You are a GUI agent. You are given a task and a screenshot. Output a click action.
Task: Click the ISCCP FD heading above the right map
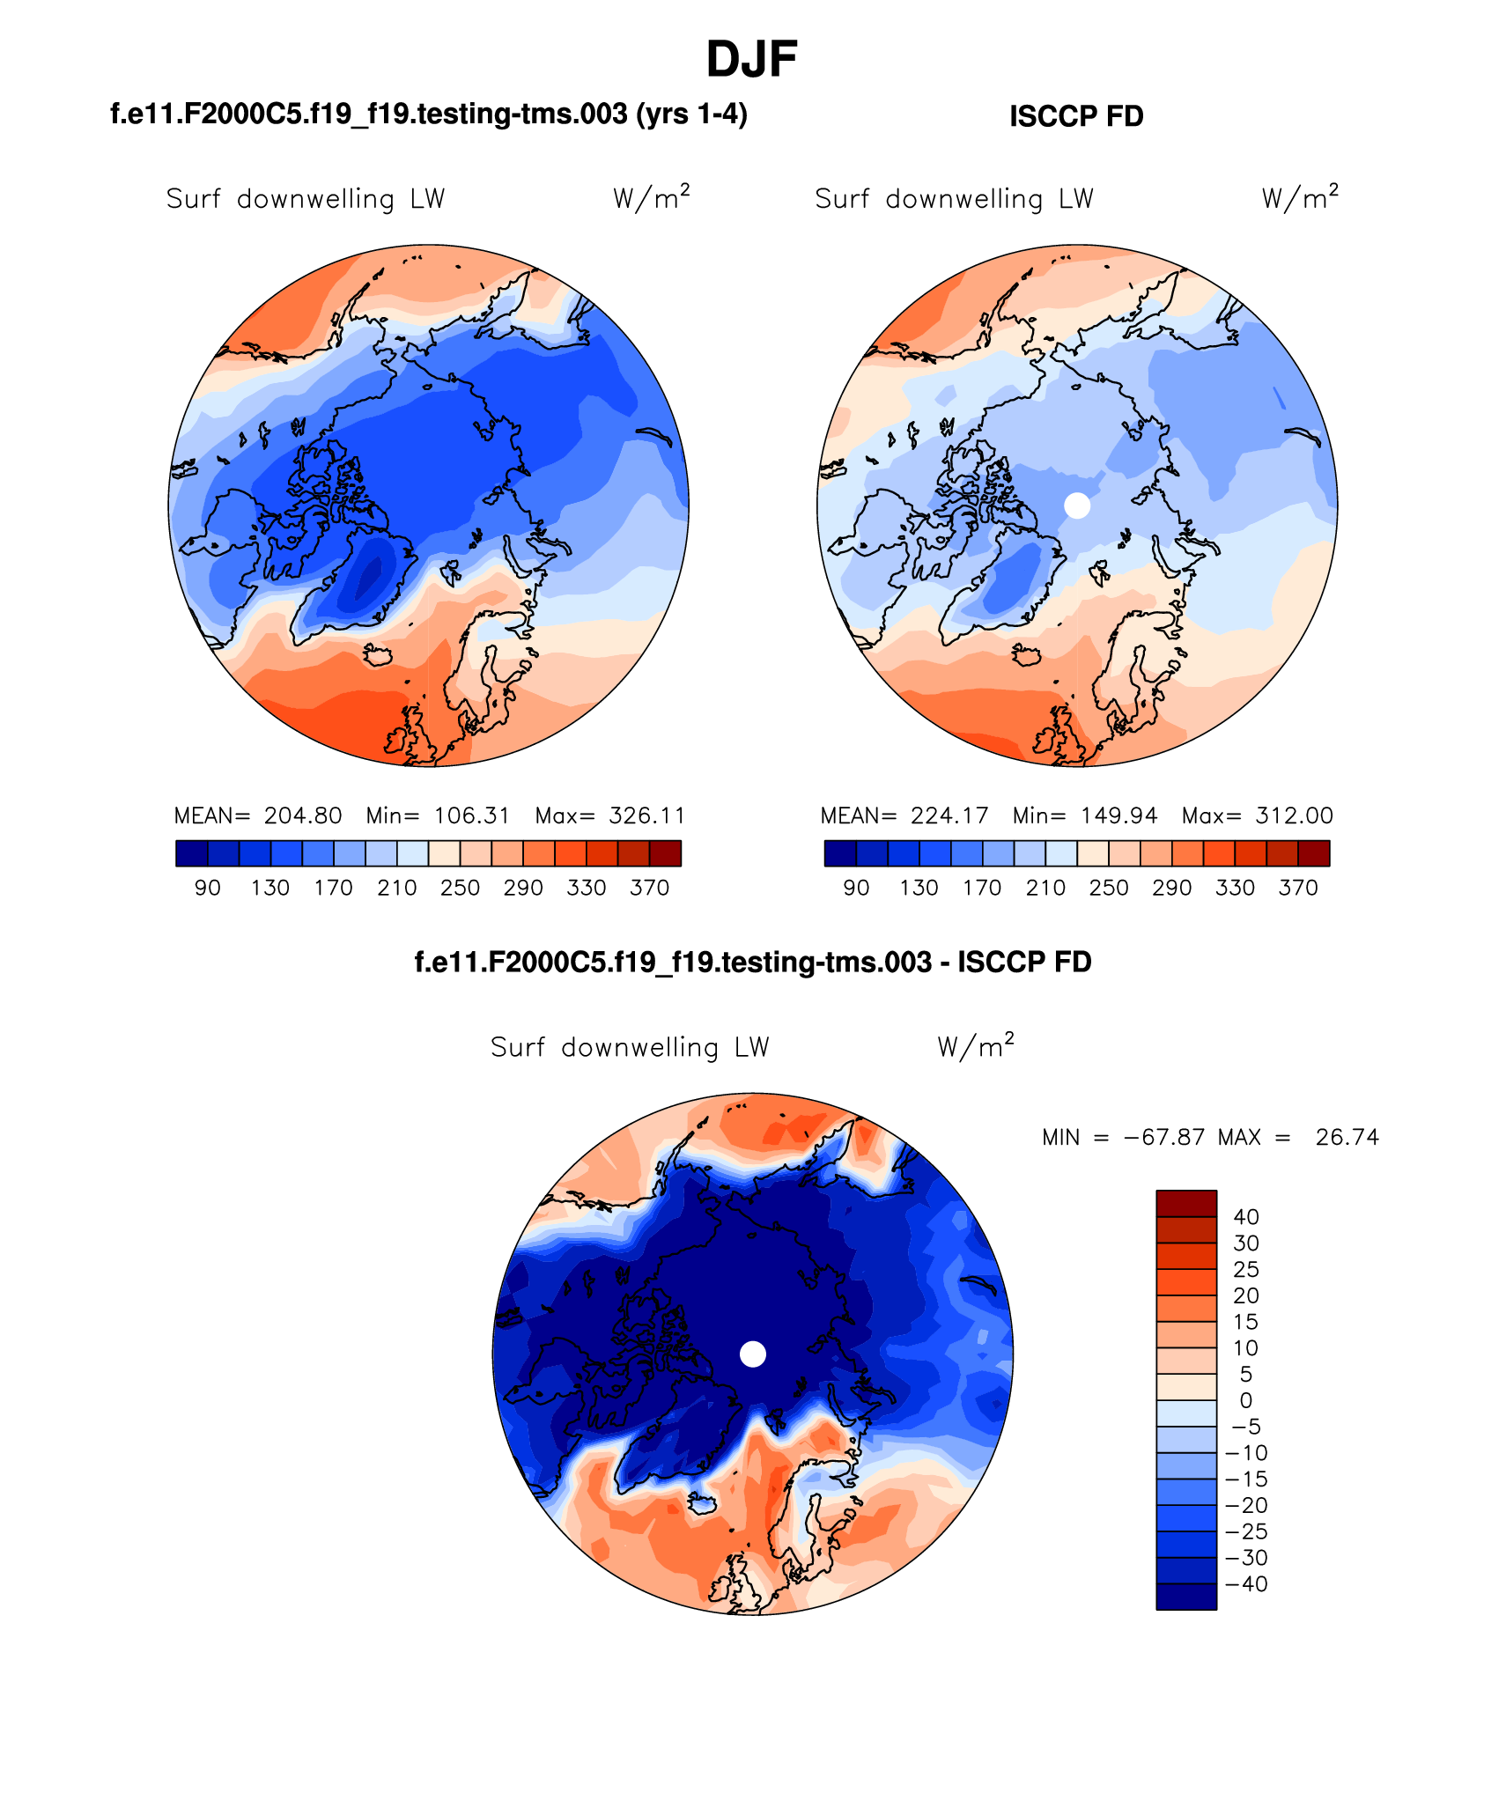pos(1075,116)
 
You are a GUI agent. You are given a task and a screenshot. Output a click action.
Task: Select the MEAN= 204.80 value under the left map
pos(258,815)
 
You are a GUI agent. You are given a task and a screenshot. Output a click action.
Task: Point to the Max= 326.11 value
pos(610,815)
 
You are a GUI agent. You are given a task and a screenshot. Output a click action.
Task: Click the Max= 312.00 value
pos(1257,815)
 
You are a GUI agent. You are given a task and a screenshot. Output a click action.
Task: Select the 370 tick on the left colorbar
pos(649,888)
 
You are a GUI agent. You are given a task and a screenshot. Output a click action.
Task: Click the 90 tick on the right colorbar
pos(856,888)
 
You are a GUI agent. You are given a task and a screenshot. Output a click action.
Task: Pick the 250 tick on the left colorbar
pos(460,888)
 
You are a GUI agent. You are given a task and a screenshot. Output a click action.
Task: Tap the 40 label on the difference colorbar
pos(1246,1217)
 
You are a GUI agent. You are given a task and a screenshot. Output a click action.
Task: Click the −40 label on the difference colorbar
pos(1246,1584)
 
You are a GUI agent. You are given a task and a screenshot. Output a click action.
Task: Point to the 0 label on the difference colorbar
pos(1245,1401)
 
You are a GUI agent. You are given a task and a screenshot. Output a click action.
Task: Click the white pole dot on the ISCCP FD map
pos(1077,505)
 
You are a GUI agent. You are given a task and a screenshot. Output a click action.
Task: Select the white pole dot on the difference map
pos(752,1354)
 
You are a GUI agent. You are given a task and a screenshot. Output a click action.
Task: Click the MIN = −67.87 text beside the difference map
pos(1123,1138)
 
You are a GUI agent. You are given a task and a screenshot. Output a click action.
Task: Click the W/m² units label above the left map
pos(651,197)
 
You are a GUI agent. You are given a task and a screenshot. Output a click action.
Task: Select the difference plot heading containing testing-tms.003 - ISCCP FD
pos(752,962)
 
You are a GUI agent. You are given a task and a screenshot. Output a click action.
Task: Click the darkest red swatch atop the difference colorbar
pos(1185,1203)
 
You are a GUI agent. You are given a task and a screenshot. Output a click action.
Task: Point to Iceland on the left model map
pos(378,655)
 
